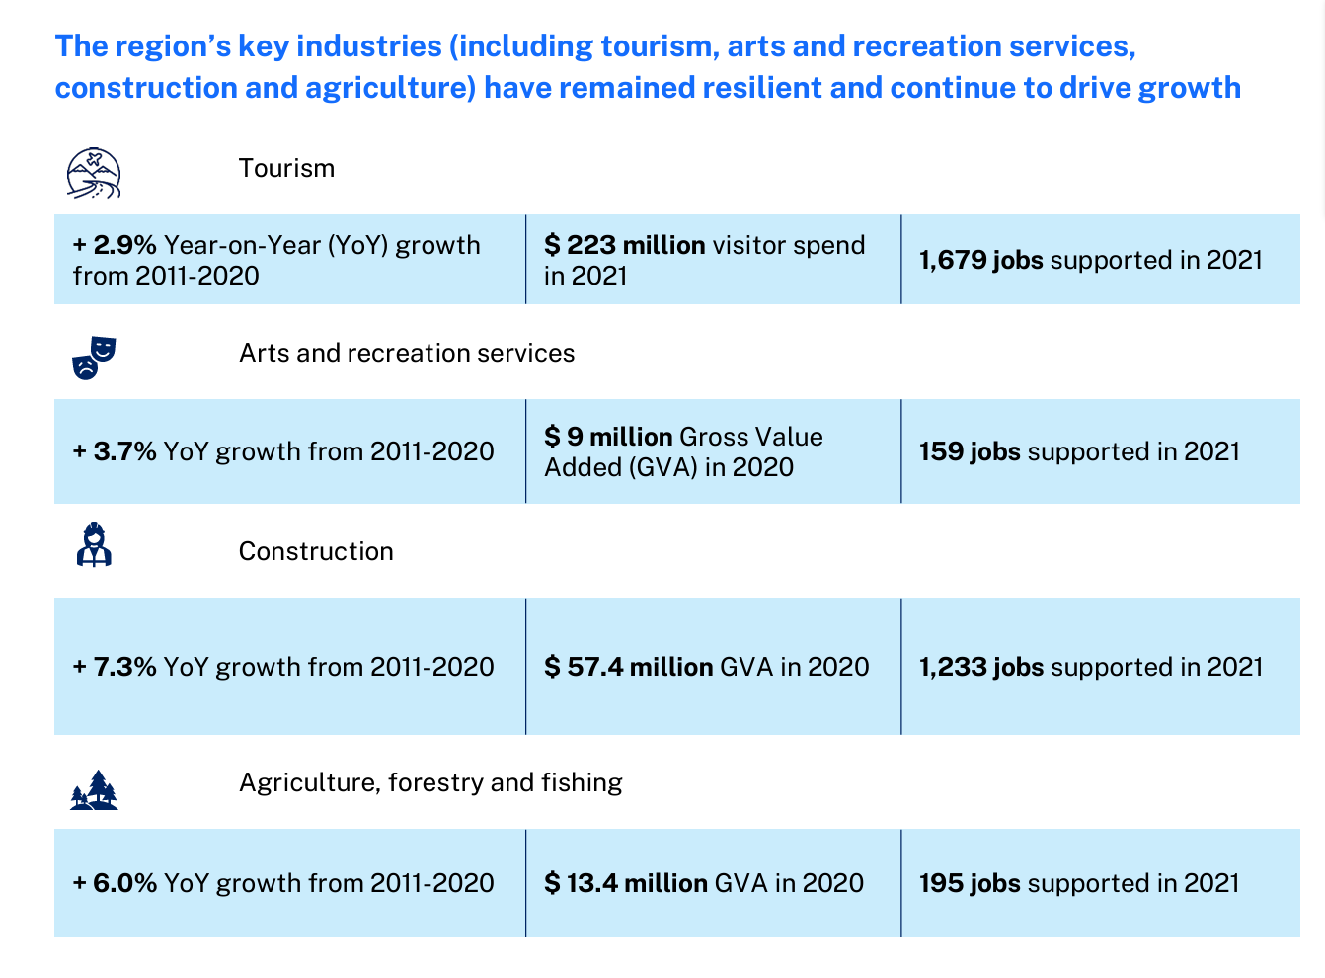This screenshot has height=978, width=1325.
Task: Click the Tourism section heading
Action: pyautogui.click(x=286, y=168)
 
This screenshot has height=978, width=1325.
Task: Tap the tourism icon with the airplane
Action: pyautogui.click(x=94, y=173)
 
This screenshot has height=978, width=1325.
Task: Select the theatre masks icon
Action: pyautogui.click(x=94, y=358)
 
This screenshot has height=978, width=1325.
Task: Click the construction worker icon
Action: pyautogui.click(x=94, y=544)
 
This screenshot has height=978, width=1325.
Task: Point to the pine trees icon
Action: pyautogui.click(x=95, y=790)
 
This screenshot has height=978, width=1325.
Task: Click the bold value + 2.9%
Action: pyautogui.click(x=115, y=245)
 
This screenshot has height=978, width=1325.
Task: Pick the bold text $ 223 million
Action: pyautogui.click(x=625, y=245)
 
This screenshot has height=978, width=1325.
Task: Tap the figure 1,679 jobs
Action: pyautogui.click(x=981, y=260)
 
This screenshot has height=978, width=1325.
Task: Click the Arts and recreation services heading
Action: pyautogui.click(x=407, y=353)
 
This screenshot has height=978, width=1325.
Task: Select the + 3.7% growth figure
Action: pyautogui.click(x=115, y=451)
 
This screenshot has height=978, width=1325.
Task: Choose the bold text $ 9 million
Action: pyautogui.click(x=609, y=437)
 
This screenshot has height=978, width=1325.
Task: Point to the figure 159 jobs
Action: pyautogui.click(x=970, y=451)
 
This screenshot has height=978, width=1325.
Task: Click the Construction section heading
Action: pyautogui.click(x=316, y=551)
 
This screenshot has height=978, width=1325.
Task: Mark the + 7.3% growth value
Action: pyautogui.click(x=115, y=667)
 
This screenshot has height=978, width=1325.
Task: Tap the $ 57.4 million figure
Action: pyautogui.click(x=629, y=667)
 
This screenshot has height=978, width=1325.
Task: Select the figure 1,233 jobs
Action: pyautogui.click(x=981, y=667)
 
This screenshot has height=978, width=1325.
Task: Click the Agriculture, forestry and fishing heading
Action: pyautogui.click(x=430, y=782)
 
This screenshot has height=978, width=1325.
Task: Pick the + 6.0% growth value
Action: pyautogui.click(x=115, y=883)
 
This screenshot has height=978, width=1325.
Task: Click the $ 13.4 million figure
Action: pyautogui.click(x=626, y=883)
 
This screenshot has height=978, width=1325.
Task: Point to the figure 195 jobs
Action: pyautogui.click(x=970, y=883)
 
